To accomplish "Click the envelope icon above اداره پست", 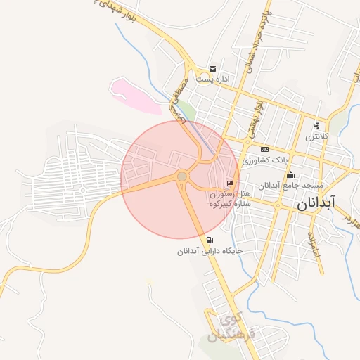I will (x=212, y=69).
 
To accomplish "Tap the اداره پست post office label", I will (x=212, y=79).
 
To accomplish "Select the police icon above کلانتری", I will (x=316, y=126).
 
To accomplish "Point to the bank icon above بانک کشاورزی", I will (x=264, y=149).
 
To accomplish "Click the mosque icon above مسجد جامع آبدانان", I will (x=290, y=175).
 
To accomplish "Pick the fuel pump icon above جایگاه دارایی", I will (x=209, y=240).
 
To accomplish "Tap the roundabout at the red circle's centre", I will (x=182, y=176).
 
